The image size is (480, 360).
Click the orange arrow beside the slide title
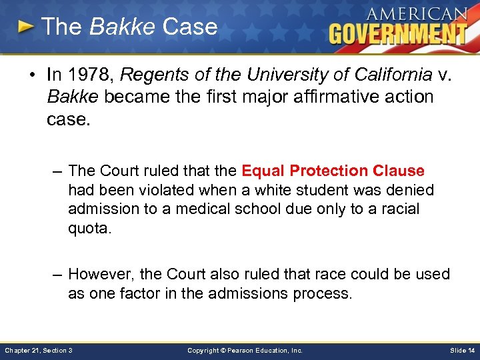[x=26, y=27]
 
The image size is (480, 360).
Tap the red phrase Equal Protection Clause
[x=333, y=171]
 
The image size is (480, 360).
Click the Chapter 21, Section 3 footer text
[x=39, y=350]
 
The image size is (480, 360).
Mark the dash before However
[x=58, y=274]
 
